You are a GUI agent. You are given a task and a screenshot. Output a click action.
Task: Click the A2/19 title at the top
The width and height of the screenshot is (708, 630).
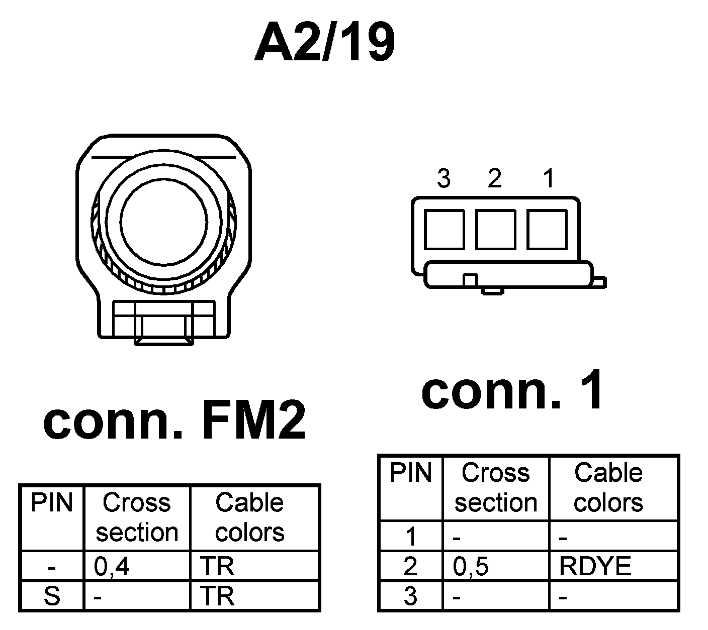pyautogui.click(x=324, y=43)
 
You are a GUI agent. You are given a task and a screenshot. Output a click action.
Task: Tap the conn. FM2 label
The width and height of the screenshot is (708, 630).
pyautogui.click(x=174, y=422)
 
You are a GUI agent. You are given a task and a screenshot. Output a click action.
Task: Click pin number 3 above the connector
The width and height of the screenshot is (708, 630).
pyautogui.click(x=444, y=178)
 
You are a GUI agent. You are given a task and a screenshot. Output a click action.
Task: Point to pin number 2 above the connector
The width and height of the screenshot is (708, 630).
pyautogui.click(x=495, y=178)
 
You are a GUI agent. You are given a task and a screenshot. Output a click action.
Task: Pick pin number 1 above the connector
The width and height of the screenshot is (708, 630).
pyautogui.click(x=549, y=178)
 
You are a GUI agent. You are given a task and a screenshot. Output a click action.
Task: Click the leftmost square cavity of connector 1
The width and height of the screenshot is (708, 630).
pyautogui.click(x=444, y=229)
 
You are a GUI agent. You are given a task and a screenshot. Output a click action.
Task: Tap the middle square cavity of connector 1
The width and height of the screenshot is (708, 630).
pyautogui.click(x=496, y=229)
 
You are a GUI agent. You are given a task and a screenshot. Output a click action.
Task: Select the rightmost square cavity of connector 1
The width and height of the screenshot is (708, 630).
pyautogui.click(x=547, y=229)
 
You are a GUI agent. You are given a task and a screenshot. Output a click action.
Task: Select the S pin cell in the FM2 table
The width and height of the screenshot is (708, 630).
pyautogui.click(x=52, y=596)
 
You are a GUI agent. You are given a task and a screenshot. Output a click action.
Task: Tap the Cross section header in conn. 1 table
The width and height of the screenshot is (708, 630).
pyautogui.click(x=496, y=488)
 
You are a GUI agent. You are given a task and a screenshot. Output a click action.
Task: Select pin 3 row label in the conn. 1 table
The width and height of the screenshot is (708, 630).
pyautogui.click(x=411, y=596)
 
